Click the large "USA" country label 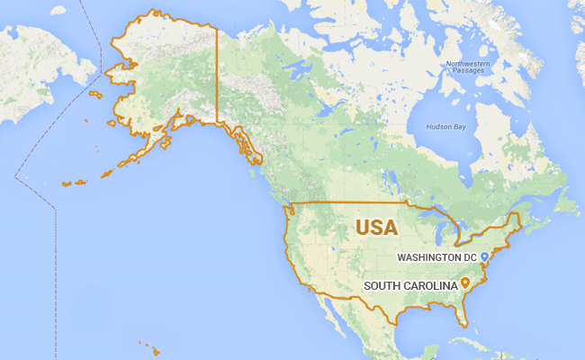click(x=376, y=227)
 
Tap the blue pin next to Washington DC click(x=484, y=257)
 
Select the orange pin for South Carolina click(x=465, y=284)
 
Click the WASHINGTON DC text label click(x=437, y=257)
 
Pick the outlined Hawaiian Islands click(x=149, y=347)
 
